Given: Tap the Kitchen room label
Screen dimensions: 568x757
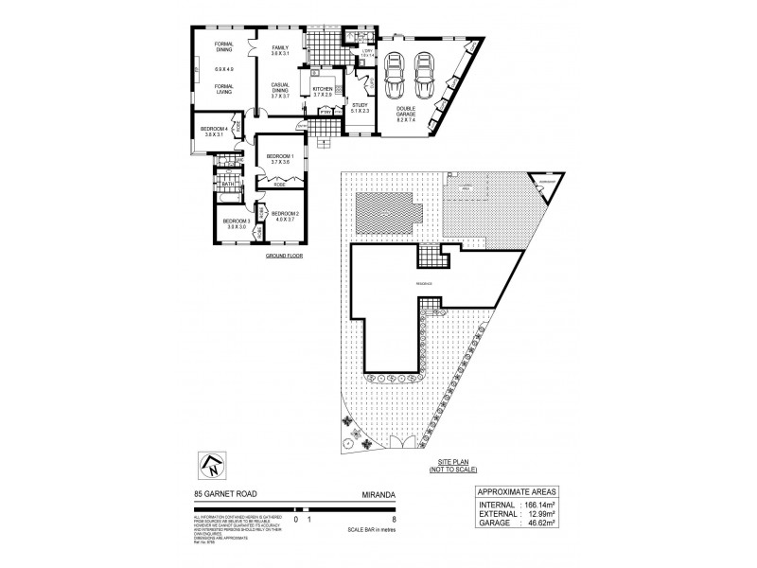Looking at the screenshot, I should [324, 89].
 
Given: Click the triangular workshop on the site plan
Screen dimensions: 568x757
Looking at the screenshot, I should [543, 179].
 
